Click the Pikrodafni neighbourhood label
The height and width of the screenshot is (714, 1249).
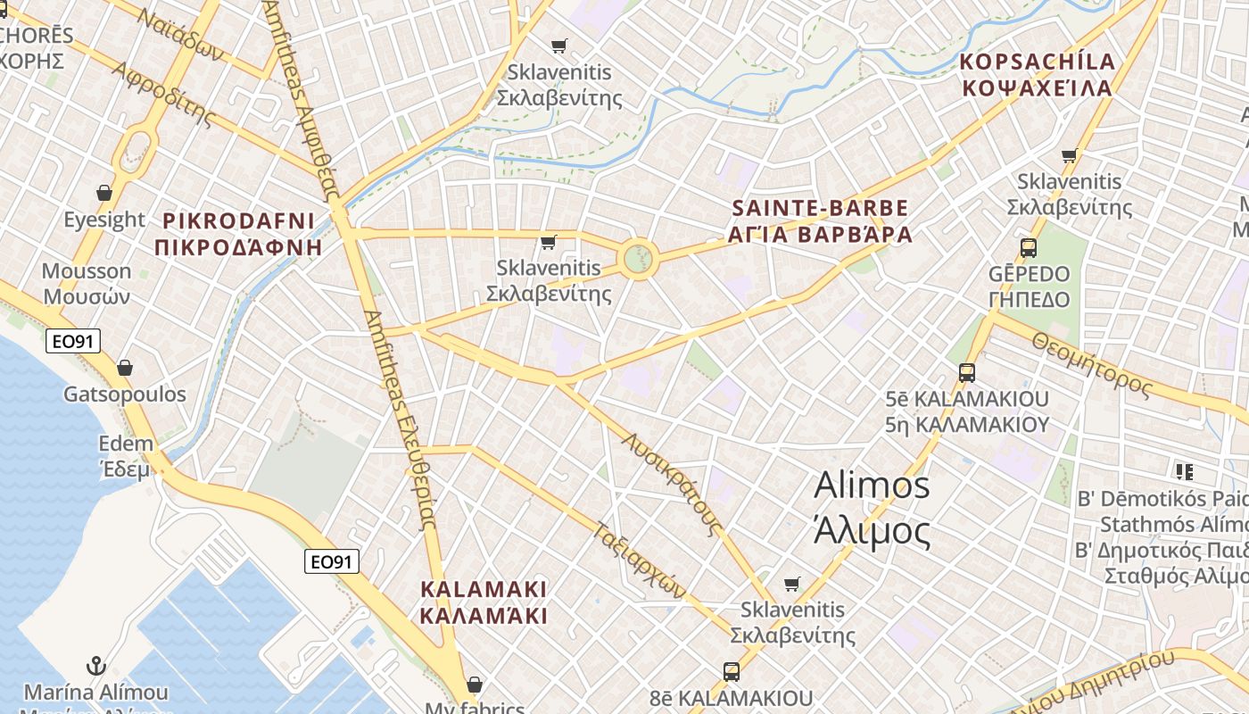pos(238,234)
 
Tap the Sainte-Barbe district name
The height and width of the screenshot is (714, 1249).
pos(821,221)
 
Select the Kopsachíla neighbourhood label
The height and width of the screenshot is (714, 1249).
pos(1037,75)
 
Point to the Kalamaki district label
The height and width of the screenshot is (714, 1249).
pos(483,602)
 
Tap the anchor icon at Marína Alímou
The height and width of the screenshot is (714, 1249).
pos(95,666)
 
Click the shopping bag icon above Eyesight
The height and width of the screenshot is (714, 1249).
pos(104,193)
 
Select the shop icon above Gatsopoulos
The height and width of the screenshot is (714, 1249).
pos(125,368)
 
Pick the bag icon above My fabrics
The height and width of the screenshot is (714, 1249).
pos(475,685)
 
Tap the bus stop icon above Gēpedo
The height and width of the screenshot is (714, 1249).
pos(1029,248)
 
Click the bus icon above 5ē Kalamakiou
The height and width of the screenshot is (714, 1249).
pos(967,373)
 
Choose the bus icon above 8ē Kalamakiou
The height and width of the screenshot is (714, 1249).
pos(732,671)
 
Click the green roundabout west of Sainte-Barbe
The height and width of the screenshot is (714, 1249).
pos(637,259)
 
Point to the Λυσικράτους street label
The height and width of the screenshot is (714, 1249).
pos(673,485)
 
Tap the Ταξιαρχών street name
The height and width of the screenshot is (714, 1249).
pos(641,559)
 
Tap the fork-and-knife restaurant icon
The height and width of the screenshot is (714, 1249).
pos(1184,470)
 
